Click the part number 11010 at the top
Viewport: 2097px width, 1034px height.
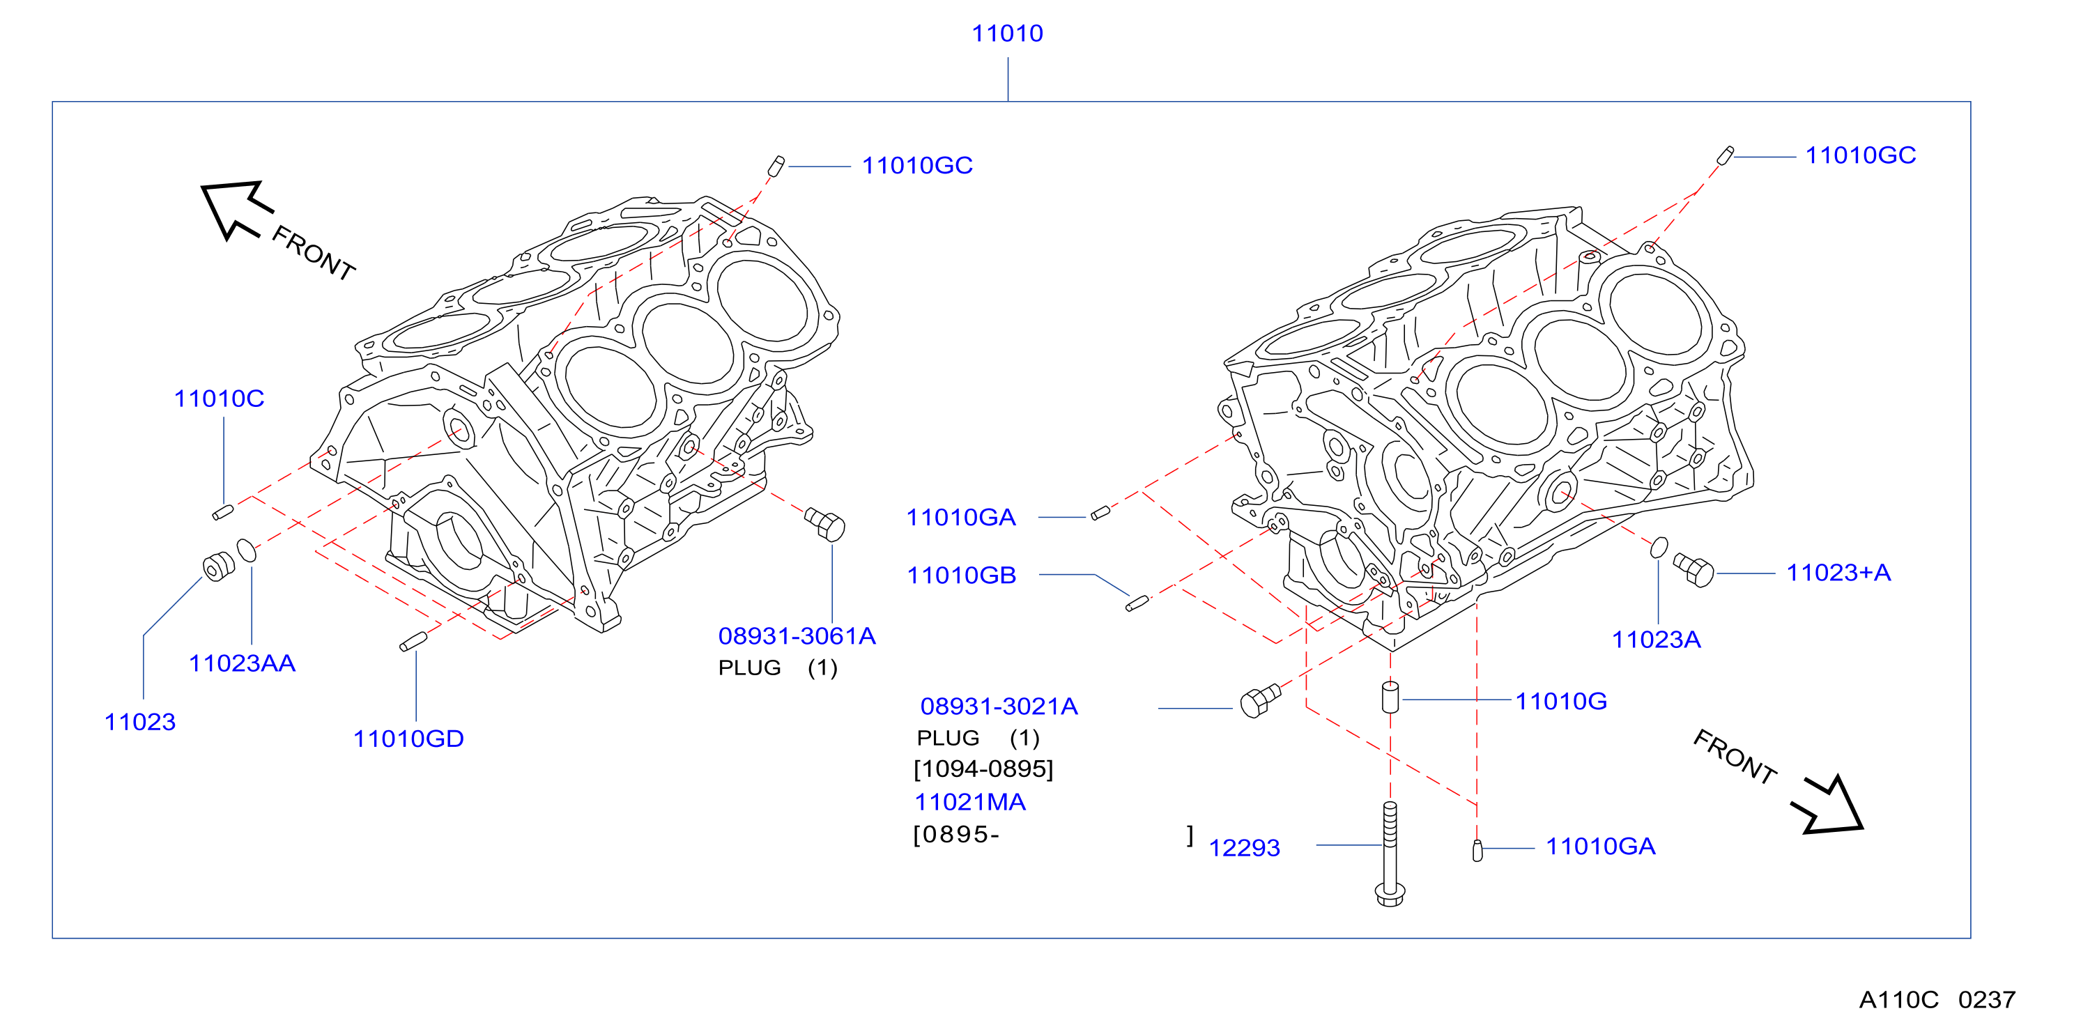(1007, 33)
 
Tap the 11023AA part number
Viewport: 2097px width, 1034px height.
(242, 663)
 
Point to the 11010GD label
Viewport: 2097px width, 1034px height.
(408, 739)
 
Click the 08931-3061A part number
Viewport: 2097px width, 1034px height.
(797, 636)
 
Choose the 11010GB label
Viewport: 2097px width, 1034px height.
(962, 576)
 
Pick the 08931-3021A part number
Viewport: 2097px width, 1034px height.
(999, 706)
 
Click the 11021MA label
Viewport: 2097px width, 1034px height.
(969, 802)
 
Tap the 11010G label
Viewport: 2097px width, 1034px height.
(1560, 701)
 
